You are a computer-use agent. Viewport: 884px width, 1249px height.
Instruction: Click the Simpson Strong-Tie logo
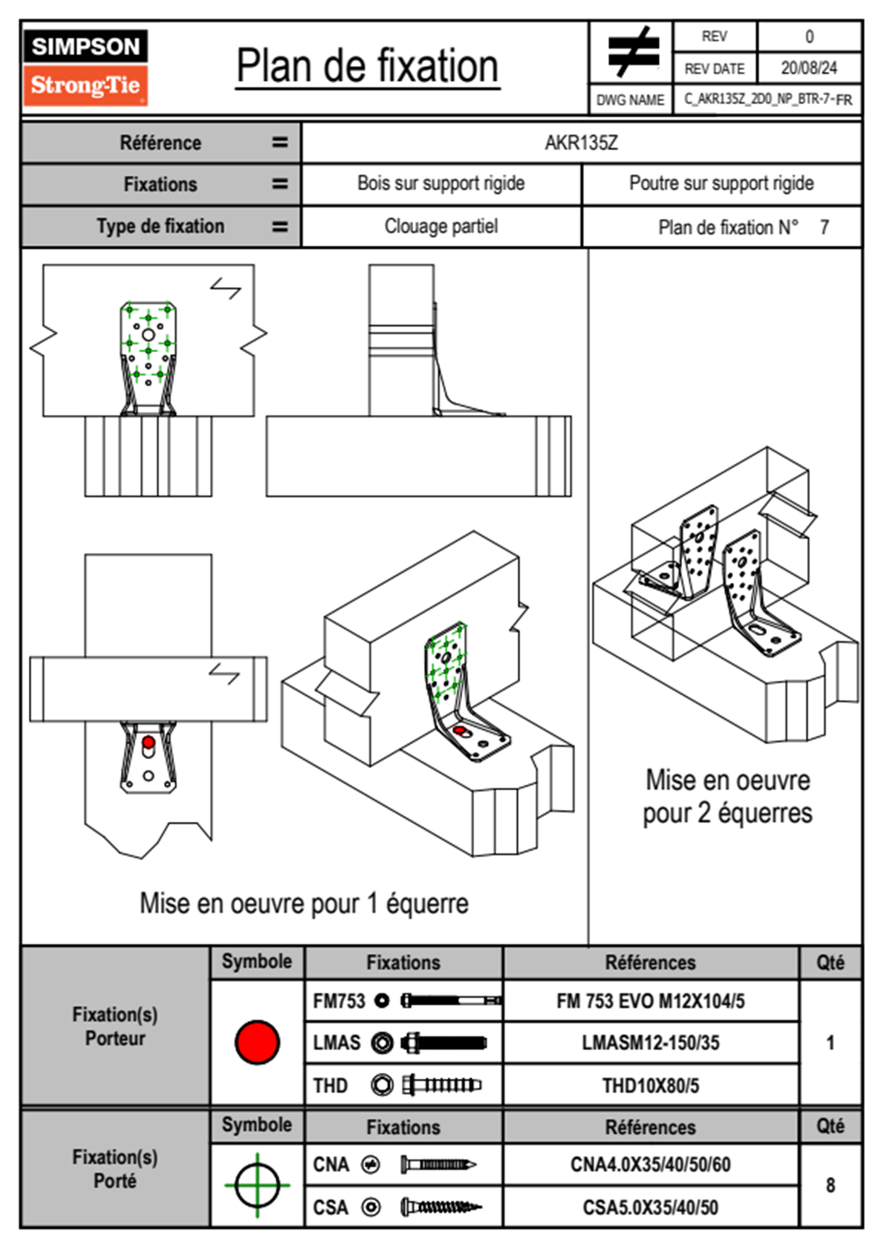point(85,68)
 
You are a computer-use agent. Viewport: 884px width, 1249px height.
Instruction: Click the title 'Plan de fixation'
point(367,67)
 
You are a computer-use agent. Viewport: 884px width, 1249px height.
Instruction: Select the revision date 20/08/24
point(808,68)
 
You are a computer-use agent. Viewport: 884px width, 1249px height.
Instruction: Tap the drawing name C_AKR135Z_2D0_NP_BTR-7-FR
point(767,100)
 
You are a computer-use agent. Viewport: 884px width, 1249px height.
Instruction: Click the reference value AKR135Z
point(581,143)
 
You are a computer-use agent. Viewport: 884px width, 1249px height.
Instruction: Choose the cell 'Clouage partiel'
point(441,226)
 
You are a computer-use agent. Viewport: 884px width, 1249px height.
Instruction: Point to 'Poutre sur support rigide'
point(721,183)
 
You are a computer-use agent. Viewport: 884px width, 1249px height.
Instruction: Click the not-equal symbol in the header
point(631,52)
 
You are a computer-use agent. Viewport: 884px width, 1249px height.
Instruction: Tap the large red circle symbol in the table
point(257,1042)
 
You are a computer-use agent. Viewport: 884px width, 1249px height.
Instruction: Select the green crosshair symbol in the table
point(257,1185)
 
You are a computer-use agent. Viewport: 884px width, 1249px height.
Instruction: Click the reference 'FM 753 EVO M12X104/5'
point(650,1001)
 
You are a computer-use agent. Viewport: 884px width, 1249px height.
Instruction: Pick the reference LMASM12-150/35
point(650,1043)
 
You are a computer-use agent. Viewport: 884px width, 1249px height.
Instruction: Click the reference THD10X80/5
point(650,1086)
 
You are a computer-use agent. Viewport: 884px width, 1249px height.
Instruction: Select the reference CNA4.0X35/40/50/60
point(650,1164)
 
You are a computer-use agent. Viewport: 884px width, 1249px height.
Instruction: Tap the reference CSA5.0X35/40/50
point(650,1207)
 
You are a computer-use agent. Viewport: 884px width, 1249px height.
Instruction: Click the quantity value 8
point(830,1185)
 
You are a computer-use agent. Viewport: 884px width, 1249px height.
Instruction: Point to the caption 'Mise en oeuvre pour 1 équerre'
point(304,904)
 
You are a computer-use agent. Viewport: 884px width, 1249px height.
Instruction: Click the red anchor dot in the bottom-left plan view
point(149,742)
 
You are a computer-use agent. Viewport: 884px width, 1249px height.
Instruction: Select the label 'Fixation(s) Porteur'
point(115,1026)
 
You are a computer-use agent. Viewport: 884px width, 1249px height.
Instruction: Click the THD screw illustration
point(441,1086)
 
